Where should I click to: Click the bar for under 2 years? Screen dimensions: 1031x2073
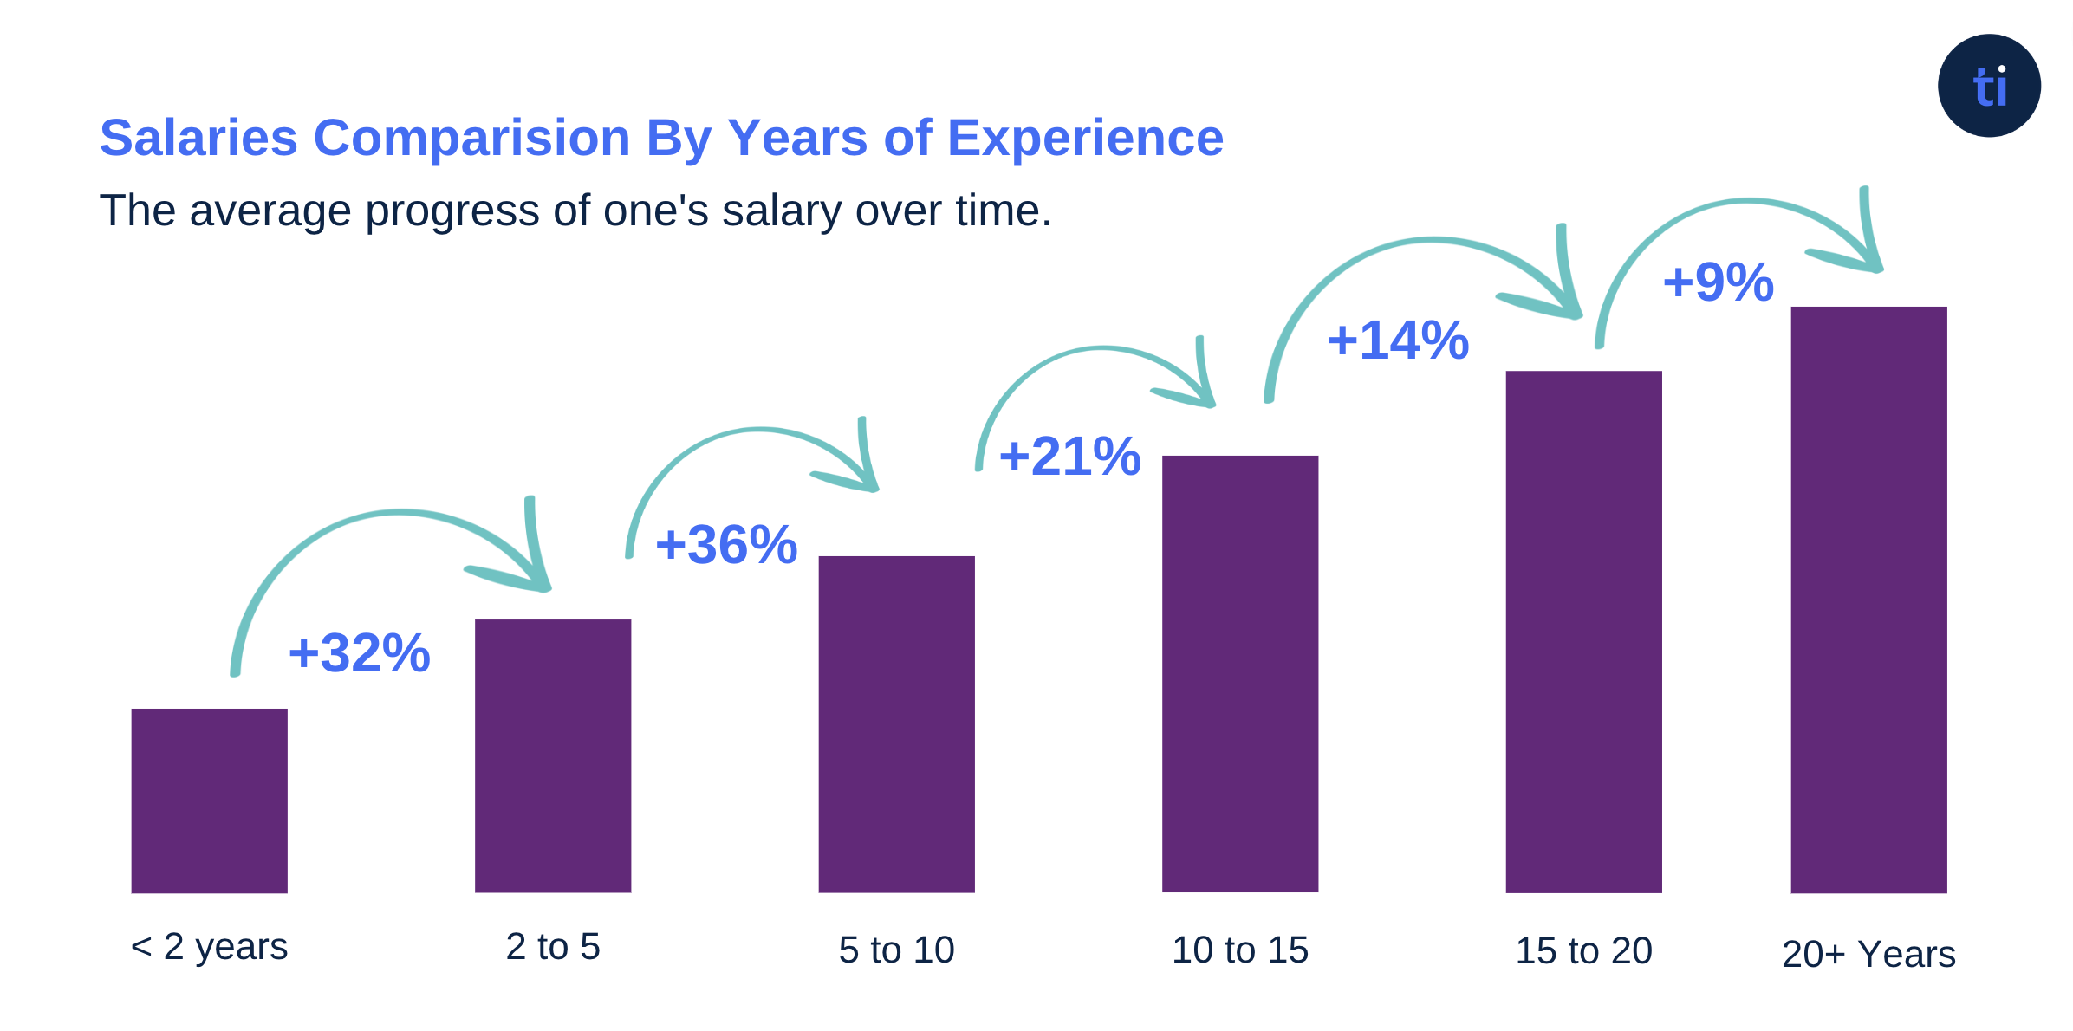click(x=209, y=800)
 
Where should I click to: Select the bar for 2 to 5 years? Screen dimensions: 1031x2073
click(x=553, y=755)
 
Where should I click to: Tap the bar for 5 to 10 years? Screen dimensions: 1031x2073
click(x=896, y=723)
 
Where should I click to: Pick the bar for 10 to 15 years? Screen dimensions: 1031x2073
click(x=1239, y=673)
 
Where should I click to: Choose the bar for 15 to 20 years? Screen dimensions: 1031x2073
click(x=1583, y=631)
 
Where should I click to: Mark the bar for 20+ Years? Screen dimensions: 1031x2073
click(x=1868, y=599)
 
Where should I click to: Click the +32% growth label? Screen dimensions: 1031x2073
click(x=359, y=652)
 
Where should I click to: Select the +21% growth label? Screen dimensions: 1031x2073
click(x=1069, y=456)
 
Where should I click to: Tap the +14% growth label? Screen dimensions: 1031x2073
click(x=1397, y=340)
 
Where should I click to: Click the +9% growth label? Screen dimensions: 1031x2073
click(x=1718, y=282)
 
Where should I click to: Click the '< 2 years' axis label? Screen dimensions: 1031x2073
click(x=209, y=947)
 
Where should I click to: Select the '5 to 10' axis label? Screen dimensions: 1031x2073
click(x=896, y=950)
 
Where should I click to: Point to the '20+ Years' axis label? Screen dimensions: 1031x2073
click(x=1868, y=954)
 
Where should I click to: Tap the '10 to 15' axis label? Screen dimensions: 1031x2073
click(x=1239, y=950)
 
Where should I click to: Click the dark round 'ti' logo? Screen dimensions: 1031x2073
click(x=1989, y=86)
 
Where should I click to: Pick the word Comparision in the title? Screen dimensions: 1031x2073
click(x=471, y=139)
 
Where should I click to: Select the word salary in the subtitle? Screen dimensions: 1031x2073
click(x=781, y=211)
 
